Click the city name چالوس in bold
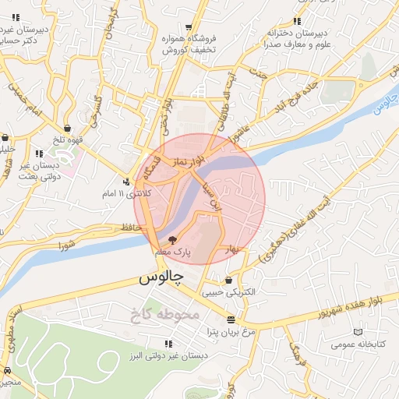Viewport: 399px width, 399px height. point(161,277)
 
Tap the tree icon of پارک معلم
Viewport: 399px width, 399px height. point(172,241)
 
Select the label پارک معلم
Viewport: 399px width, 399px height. point(173,253)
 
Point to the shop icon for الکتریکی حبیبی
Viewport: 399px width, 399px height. point(228,281)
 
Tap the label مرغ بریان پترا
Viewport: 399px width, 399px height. point(231,332)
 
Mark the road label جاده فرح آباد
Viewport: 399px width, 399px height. point(310,92)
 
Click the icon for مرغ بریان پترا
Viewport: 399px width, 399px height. point(231,320)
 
